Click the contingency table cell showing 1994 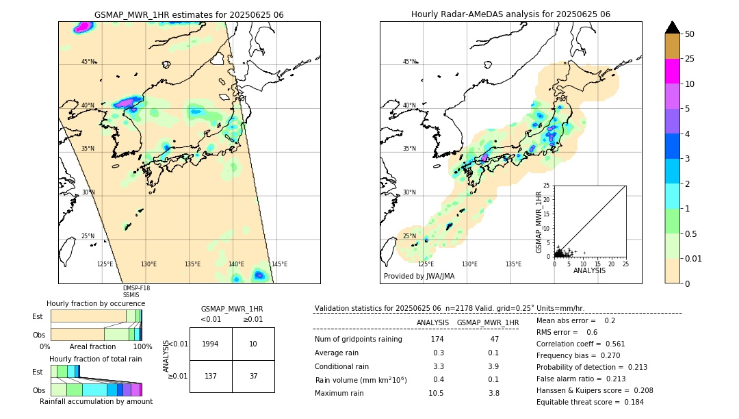point(211,344)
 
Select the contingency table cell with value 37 point(253,376)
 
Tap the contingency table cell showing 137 point(211,376)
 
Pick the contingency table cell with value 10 point(253,344)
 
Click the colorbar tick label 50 point(690,34)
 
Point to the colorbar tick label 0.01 point(693,258)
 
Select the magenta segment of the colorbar point(673,71)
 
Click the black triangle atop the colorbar point(673,27)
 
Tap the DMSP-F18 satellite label point(136,288)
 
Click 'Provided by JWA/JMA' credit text point(419,276)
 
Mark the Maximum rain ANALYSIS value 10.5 point(436,393)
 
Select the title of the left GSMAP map point(189,14)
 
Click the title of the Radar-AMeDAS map point(510,14)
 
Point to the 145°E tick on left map point(279,264)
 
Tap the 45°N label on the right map point(409,62)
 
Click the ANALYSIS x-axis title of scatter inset point(589,270)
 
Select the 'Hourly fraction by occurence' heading point(96,303)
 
